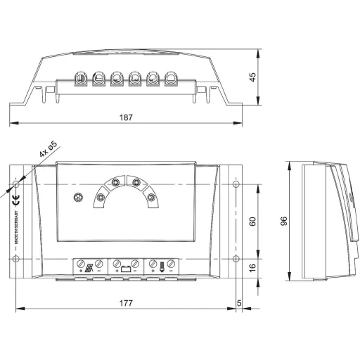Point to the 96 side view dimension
pyautogui.click(x=283, y=221)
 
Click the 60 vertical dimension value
pyautogui.click(x=252, y=221)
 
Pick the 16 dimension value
pyautogui.click(x=252, y=267)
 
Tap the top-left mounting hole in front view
pyautogui.click(x=17, y=186)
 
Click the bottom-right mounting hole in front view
pyautogui.click(x=235, y=260)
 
